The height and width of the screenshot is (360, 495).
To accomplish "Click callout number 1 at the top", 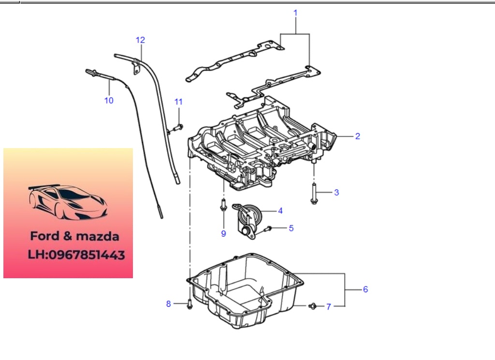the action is [x=295, y=13].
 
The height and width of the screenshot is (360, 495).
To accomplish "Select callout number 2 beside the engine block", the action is [x=357, y=136].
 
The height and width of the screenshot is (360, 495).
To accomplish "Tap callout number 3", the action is [x=336, y=193].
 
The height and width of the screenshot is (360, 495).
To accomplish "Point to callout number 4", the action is [x=280, y=211].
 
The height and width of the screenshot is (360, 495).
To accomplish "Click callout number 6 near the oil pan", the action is [x=365, y=289].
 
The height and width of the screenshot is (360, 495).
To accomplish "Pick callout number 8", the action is [x=169, y=304].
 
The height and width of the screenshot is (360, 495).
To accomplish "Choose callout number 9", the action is [x=223, y=234].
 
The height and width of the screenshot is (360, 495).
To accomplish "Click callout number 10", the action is [x=109, y=101].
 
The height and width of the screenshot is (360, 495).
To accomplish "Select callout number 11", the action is [x=178, y=102].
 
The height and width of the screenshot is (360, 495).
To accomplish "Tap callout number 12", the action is [x=140, y=40].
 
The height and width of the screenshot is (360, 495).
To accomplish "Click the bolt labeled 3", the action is [x=314, y=194].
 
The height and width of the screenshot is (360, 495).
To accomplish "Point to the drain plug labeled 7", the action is [x=312, y=306].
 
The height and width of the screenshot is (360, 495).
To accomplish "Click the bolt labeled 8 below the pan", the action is [x=189, y=304].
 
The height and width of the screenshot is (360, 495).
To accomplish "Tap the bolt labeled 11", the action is [x=178, y=128].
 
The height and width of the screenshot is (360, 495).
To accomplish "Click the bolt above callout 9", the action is [x=223, y=205].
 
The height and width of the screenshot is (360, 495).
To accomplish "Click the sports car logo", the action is [x=68, y=202].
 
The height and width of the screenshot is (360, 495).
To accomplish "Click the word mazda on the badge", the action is [x=98, y=237].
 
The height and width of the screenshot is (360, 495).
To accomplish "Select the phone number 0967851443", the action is [x=87, y=255].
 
